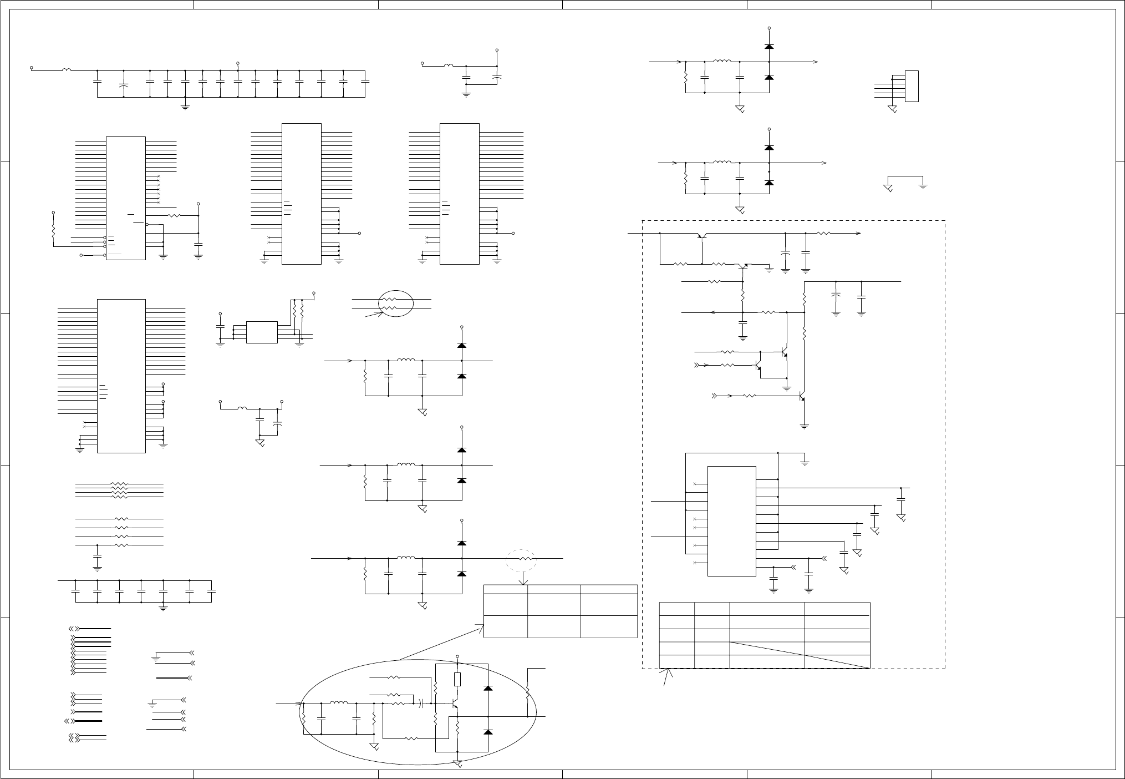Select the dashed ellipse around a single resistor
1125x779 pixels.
(521, 559)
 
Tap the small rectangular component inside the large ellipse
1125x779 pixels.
(457, 679)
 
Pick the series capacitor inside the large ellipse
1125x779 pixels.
(422, 704)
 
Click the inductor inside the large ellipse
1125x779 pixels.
(339, 703)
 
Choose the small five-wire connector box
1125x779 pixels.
(912, 86)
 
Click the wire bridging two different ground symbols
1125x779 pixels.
(905, 176)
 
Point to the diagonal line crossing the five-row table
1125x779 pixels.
(799, 655)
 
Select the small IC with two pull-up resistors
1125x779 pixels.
(262, 332)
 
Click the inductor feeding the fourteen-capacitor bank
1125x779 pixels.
(67, 70)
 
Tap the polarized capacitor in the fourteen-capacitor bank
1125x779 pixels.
(124, 86)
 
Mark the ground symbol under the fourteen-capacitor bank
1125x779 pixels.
(185, 105)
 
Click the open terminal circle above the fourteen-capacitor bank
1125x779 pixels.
(238, 63)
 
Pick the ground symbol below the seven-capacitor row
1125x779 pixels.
(163, 608)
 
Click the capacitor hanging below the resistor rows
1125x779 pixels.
(98, 555)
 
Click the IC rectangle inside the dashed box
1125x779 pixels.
(731, 520)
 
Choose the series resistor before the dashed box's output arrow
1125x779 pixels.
(824, 234)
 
